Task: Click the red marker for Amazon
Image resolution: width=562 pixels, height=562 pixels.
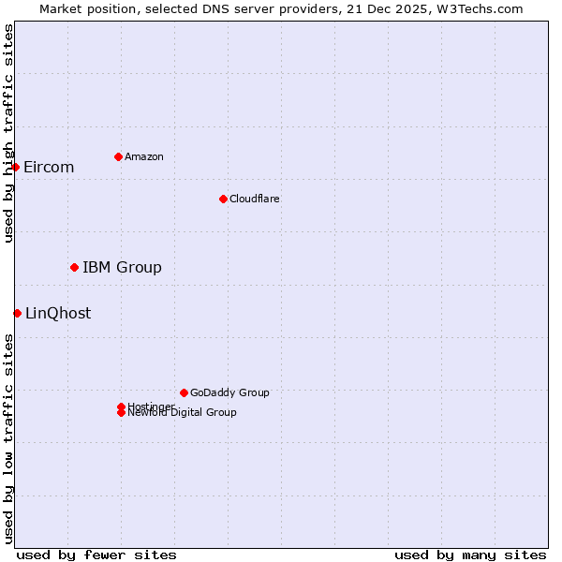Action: pos(118,156)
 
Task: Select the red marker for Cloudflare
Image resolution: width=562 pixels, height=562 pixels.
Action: pos(223,199)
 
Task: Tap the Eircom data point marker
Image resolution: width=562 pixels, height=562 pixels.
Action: pos(16,167)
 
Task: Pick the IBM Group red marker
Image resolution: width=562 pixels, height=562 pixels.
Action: pos(74,267)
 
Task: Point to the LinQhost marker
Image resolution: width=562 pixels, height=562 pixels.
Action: pos(17,313)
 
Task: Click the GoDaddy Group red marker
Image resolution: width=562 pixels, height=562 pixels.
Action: pos(184,392)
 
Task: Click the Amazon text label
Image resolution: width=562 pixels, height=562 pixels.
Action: pos(143,156)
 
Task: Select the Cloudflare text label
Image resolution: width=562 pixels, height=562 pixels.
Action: pos(254,199)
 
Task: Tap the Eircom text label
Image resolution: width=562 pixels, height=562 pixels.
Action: pos(49,167)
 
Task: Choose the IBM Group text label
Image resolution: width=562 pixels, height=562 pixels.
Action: pos(122,267)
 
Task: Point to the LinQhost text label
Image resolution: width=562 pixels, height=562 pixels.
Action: pos(58,313)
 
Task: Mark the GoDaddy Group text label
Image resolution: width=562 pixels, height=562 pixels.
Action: pos(229,392)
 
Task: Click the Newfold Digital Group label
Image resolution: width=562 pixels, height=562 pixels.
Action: pos(183,413)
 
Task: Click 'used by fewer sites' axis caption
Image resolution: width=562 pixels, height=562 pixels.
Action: pos(96,555)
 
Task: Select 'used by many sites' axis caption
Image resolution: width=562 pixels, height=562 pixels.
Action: pos(470,555)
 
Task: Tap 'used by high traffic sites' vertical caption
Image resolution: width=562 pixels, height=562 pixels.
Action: pos(8,133)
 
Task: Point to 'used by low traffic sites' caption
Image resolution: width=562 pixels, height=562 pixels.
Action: pos(8,438)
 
